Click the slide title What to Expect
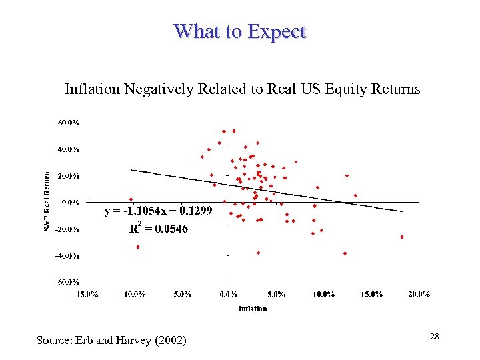(x=239, y=31)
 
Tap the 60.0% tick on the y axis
(x=69, y=123)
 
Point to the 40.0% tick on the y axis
(x=69, y=149)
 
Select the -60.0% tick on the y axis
(x=67, y=281)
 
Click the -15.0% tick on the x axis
(x=86, y=293)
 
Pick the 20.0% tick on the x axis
(x=419, y=293)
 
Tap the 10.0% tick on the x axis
(x=324, y=293)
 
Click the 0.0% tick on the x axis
(x=229, y=293)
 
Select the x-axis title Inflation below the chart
(x=253, y=308)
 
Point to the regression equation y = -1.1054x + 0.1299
(x=159, y=211)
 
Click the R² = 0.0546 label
(x=159, y=229)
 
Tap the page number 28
(x=434, y=337)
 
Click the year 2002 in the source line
(x=169, y=341)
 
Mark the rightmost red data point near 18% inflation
(x=402, y=237)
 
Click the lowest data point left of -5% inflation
(x=138, y=247)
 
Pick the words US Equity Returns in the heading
(x=369, y=89)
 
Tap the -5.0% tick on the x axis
(x=181, y=293)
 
